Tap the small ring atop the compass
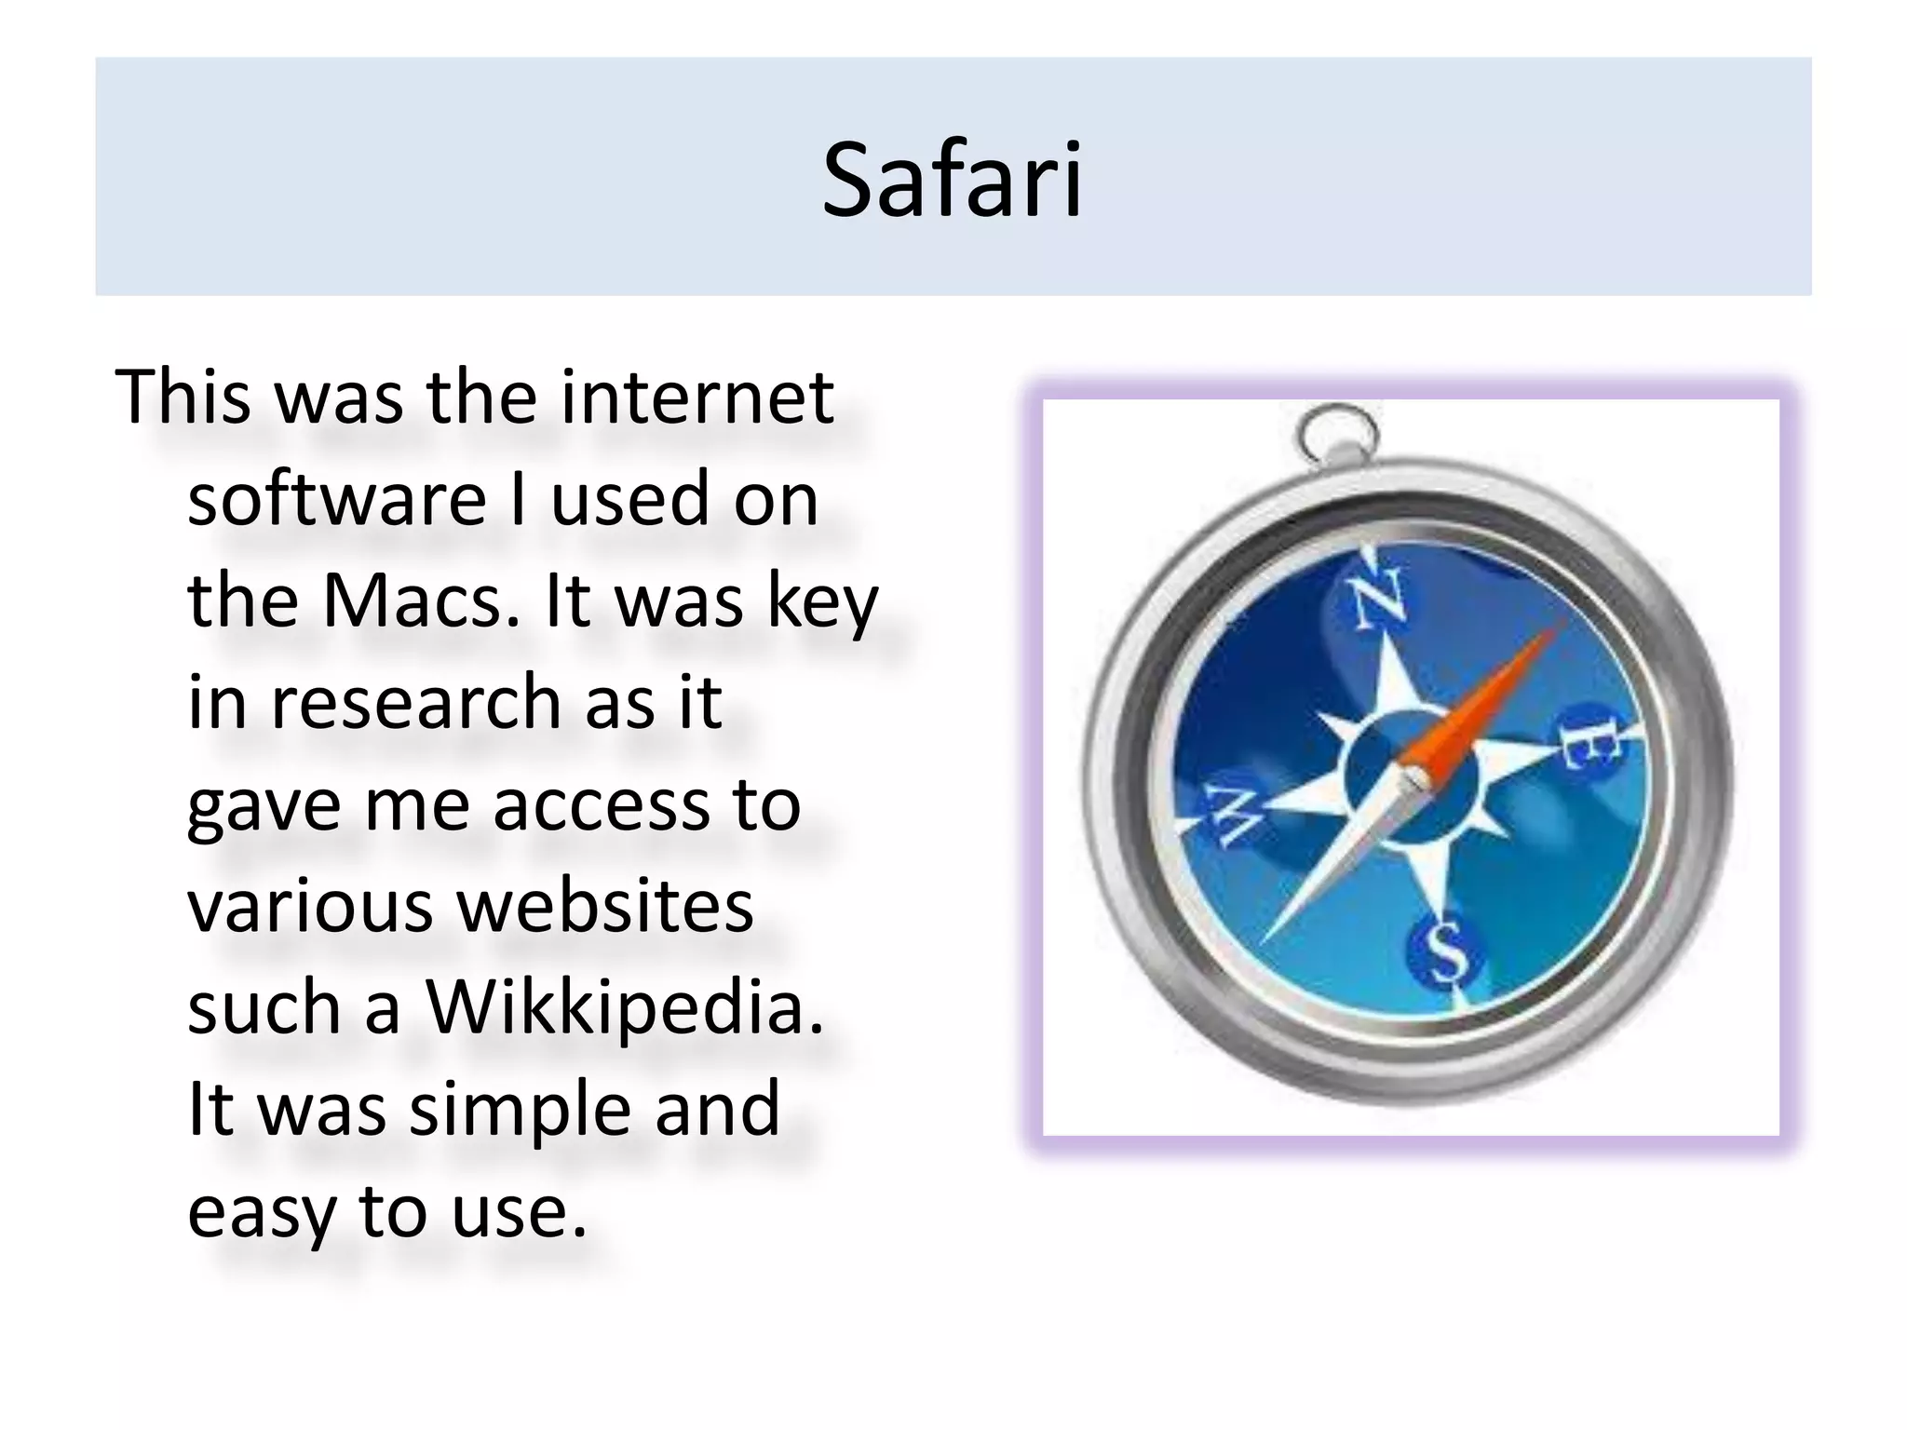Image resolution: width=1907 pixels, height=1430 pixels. (1339, 431)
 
